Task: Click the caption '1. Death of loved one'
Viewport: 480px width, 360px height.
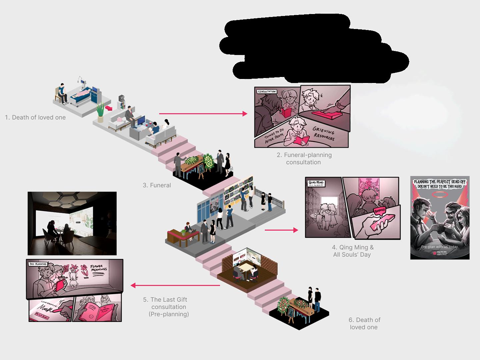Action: (35, 117)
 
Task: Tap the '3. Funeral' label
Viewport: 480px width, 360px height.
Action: (157, 185)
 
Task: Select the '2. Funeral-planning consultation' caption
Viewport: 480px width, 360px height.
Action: (304, 159)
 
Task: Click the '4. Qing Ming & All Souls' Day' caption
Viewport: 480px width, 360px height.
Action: (352, 251)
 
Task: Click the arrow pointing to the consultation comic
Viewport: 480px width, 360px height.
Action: (203, 114)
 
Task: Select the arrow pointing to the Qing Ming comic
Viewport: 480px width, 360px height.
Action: (281, 230)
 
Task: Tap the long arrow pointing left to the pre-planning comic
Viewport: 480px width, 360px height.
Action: (175, 285)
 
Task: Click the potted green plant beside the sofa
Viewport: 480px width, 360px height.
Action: (100, 112)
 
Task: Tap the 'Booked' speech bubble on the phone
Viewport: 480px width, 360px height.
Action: (379, 211)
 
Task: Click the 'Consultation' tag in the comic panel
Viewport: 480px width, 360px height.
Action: (267, 91)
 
